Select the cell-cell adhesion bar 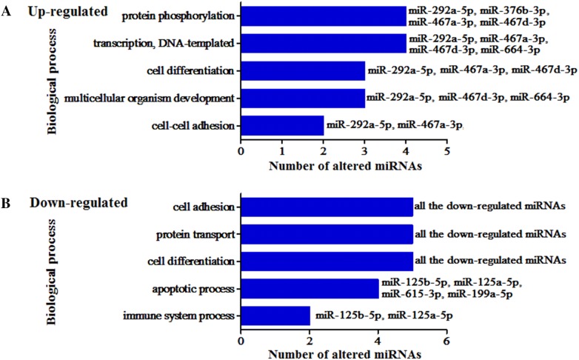pyautogui.click(x=282, y=125)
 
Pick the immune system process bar pyautogui.click(x=275, y=316)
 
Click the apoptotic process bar pyautogui.click(x=309, y=288)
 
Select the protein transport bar pyautogui.click(x=327, y=235)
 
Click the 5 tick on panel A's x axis pyautogui.click(x=447, y=152)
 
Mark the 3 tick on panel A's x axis pyautogui.click(x=365, y=152)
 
